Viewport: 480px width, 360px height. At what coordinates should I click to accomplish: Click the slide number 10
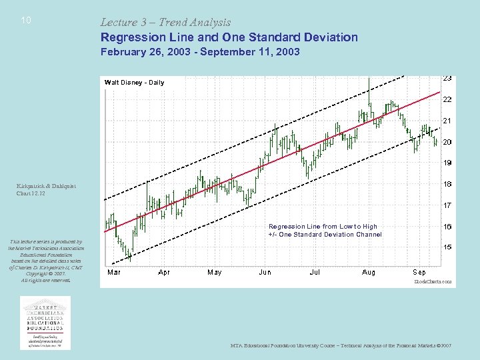[26, 21]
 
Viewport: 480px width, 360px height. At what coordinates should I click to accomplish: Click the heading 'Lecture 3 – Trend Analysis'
[165, 23]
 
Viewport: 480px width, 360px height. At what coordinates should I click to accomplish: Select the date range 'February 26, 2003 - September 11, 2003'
[200, 52]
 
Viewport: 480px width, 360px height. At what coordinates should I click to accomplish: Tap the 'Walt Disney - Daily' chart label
[134, 83]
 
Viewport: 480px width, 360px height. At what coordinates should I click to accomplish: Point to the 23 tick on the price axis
[447, 78]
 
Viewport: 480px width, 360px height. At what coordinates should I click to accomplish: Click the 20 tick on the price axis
[447, 142]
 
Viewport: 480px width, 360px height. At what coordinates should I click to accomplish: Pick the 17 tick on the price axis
[447, 205]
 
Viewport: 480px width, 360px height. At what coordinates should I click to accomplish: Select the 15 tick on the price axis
[447, 247]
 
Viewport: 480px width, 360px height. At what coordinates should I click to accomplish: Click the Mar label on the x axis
[114, 272]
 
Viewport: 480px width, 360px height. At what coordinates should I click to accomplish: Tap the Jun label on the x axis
[265, 272]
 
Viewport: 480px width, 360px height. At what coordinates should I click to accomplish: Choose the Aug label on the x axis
[368, 272]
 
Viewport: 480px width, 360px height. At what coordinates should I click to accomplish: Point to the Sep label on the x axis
[419, 272]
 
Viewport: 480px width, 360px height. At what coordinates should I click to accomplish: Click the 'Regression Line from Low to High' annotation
[322, 227]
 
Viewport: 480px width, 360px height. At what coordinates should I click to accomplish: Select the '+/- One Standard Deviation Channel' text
[325, 235]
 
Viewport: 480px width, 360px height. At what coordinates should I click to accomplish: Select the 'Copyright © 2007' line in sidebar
[45, 273]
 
